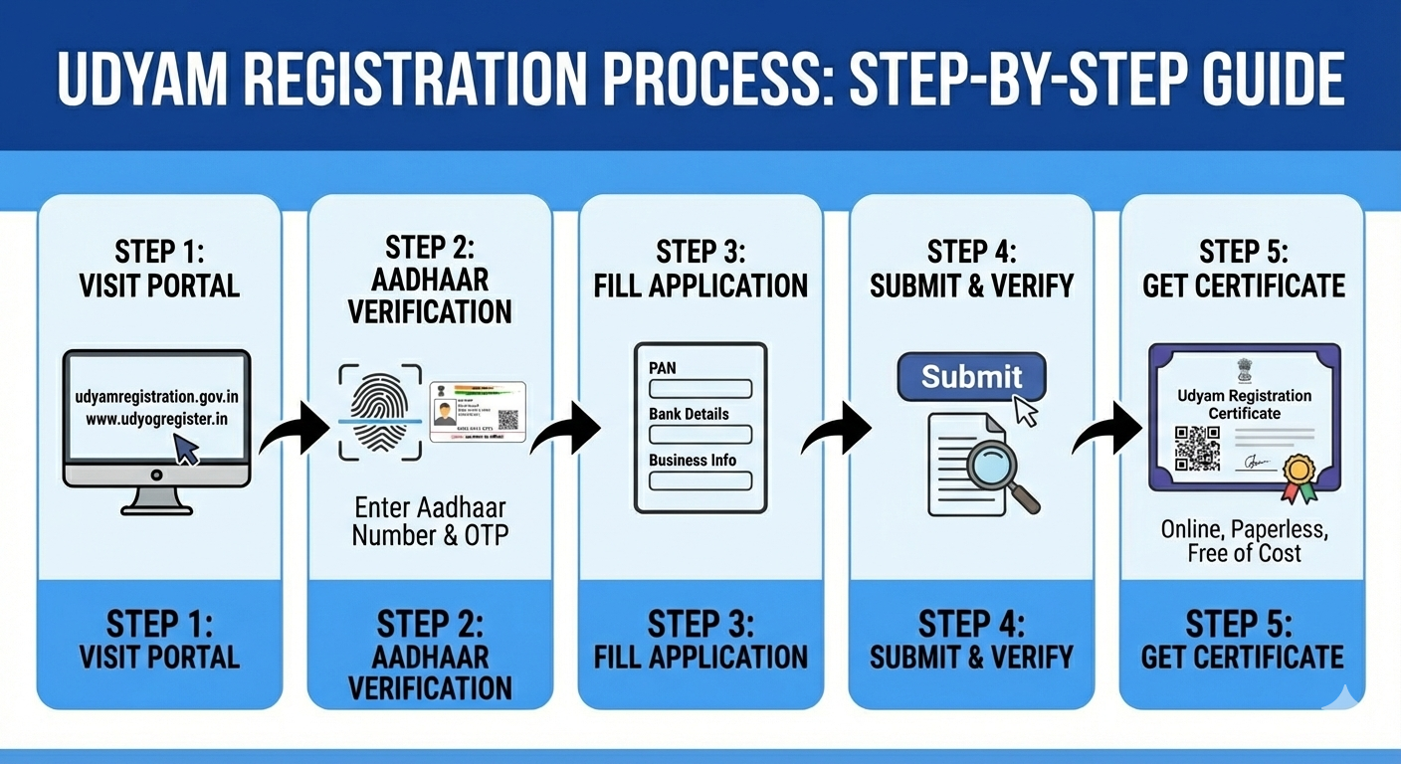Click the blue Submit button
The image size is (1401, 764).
pos(971,378)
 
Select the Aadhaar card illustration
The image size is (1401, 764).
pos(478,411)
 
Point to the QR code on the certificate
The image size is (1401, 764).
pos(1197,448)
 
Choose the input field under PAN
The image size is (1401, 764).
pos(700,389)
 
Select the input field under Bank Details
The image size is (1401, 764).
pos(700,435)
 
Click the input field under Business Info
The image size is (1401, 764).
pos(700,480)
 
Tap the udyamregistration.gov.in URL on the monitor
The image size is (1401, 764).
pos(157,397)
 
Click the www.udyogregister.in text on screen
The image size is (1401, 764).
pos(157,419)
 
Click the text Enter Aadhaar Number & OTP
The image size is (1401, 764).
pos(430,520)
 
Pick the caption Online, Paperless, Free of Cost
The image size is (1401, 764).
pos(1244,540)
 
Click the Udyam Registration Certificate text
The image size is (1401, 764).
pos(1244,404)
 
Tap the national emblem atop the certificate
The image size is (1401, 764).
pos(1244,370)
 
